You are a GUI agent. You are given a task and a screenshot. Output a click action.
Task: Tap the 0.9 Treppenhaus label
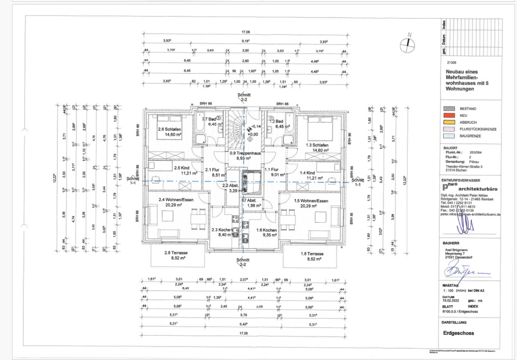pos(245,156)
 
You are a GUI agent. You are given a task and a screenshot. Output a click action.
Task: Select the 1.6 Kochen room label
pos(267,232)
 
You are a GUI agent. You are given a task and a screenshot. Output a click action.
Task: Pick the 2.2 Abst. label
pos(232,188)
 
